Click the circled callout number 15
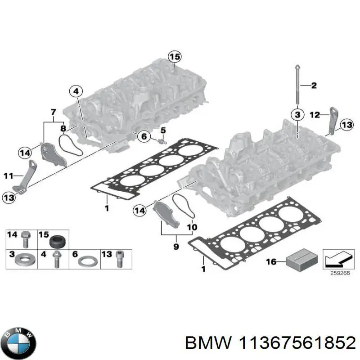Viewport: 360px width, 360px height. [x=174, y=57]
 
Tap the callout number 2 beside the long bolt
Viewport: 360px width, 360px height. [x=315, y=85]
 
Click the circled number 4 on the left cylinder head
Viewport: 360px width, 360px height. [x=76, y=91]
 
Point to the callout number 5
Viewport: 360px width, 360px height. [x=163, y=130]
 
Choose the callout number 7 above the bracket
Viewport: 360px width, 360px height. [x=53, y=112]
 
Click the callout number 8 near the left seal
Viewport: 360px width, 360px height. [x=63, y=129]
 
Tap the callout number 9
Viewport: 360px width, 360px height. [x=175, y=246]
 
